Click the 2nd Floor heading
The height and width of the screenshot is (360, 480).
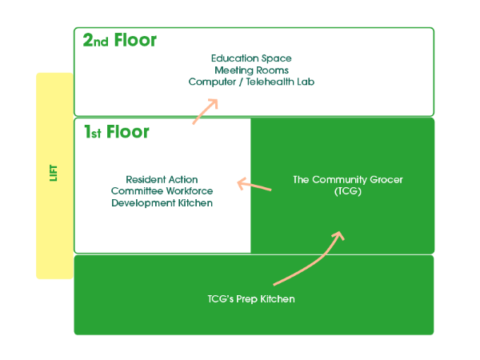(x=120, y=40)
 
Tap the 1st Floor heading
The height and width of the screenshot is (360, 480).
(x=117, y=132)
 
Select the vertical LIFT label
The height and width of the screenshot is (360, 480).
(x=54, y=173)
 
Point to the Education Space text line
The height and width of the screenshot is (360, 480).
(x=251, y=58)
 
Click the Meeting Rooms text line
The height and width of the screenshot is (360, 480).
(x=251, y=70)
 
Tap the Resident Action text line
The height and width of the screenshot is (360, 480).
(x=162, y=179)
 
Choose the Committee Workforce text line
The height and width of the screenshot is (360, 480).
(x=162, y=191)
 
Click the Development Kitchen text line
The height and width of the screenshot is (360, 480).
(x=162, y=203)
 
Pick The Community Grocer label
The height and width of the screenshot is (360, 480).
(x=348, y=180)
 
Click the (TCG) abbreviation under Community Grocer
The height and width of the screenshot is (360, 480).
(x=348, y=192)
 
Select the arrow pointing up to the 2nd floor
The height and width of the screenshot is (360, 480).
(x=206, y=111)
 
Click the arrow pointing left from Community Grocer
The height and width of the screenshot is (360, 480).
(x=254, y=186)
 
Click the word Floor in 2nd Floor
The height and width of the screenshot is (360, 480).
(x=136, y=40)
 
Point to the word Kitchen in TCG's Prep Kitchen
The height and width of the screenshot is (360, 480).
(x=277, y=299)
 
